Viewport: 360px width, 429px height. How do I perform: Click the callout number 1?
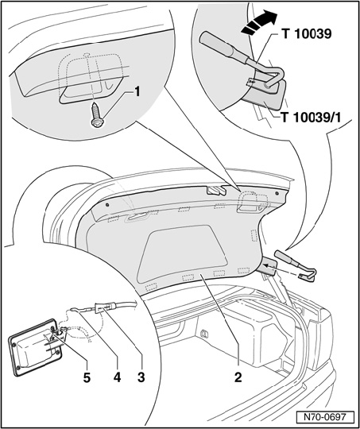coord(137,92)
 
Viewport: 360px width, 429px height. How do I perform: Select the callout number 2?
coord(238,377)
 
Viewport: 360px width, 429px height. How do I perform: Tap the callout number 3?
coord(141,377)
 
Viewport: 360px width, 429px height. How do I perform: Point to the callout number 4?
coord(117,377)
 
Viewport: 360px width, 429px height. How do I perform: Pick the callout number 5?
coord(87,377)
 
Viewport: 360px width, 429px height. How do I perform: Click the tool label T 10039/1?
coord(312,118)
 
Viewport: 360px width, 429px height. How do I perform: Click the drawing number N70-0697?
coord(325,418)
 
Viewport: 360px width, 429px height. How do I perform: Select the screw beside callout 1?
coord(97,114)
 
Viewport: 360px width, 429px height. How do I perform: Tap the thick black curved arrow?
coord(259,24)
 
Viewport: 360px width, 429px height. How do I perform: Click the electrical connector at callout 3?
coord(103,307)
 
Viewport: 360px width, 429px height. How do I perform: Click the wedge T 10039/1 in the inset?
coord(264,92)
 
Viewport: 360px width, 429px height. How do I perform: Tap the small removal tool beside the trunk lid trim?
coord(296,265)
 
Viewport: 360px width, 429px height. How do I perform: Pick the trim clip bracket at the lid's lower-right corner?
coord(267,266)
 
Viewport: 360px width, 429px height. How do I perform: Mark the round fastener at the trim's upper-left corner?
coord(107,205)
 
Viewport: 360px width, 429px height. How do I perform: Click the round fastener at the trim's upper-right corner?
coord(277,193)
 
